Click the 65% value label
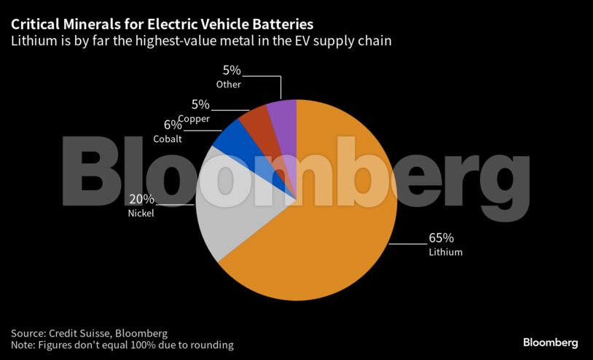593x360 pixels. point(441,238)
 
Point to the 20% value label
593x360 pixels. point(141,199)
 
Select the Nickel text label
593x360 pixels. point(141,214)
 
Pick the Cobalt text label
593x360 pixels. point(168,138)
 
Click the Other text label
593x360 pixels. point(229,85)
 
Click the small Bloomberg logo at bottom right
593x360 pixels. point(550,342)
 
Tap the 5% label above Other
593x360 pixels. point(232,71)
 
